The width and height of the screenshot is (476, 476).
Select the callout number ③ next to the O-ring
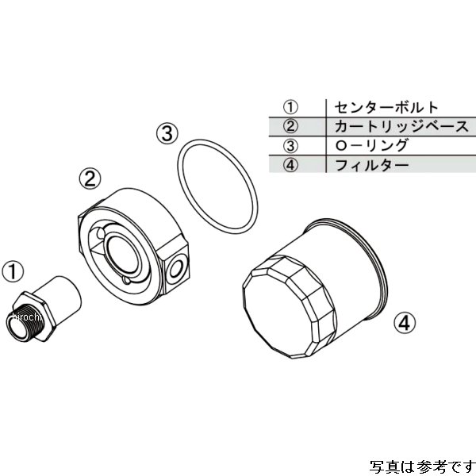pyautogui.click(x=166, y=132)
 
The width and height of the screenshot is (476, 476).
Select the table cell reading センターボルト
pyautogui.click(x=376, y=106)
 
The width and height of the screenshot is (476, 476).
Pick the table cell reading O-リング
pyautogui.click(x=370, y=145)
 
